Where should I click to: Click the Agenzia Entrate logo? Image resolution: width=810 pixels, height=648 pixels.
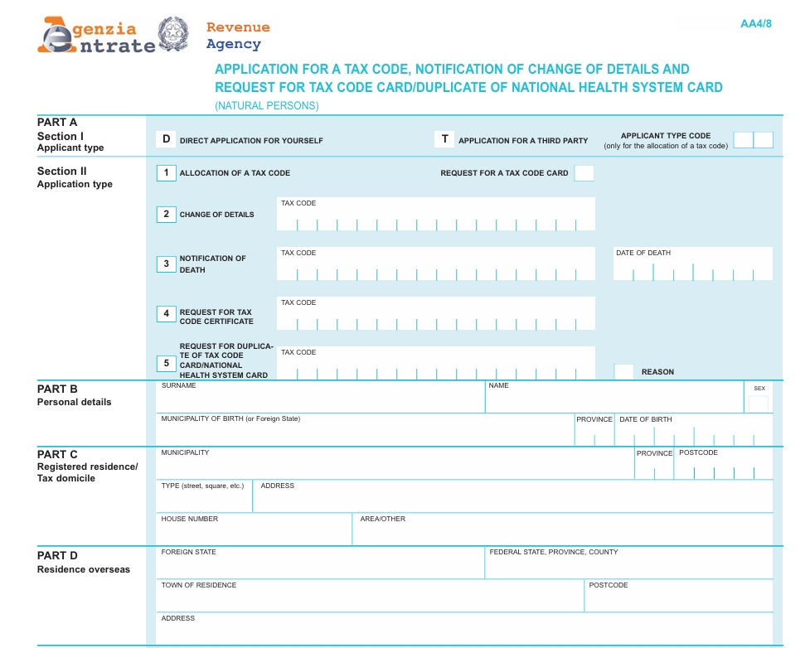[98, 36]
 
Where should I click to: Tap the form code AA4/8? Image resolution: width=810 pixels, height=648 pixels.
[755, 23]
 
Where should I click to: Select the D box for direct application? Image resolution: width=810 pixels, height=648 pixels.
[166, 139]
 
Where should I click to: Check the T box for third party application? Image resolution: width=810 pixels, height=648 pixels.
[444, 139]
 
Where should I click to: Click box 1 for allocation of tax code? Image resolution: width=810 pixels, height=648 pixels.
[166, 173]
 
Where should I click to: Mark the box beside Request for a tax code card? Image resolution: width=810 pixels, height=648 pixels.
[584, 173]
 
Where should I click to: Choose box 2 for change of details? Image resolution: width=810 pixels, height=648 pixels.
[166, 215]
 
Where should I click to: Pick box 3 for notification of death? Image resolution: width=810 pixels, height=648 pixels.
[166, 264]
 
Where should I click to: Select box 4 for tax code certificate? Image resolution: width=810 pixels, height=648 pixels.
[166, 314]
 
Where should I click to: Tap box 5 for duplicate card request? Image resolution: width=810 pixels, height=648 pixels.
[166, 364]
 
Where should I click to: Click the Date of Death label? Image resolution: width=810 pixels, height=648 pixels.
[643, 253]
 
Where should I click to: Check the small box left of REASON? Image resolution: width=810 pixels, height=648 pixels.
[623, 372]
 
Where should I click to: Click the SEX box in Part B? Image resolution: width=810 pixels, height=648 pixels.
[758, 404]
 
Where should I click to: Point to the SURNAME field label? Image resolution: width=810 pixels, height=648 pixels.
[178, 386]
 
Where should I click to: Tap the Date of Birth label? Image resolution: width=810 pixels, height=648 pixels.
[645, 419]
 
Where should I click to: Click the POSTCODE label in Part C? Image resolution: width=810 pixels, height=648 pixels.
[698, 453]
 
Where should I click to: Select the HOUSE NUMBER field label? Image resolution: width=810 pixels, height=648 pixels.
[189, 519]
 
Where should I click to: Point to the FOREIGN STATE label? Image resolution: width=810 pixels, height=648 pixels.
[188, 552]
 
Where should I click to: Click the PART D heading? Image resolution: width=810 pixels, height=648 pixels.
[57, 555]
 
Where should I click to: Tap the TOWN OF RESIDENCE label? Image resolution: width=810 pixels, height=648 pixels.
[198, 585]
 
